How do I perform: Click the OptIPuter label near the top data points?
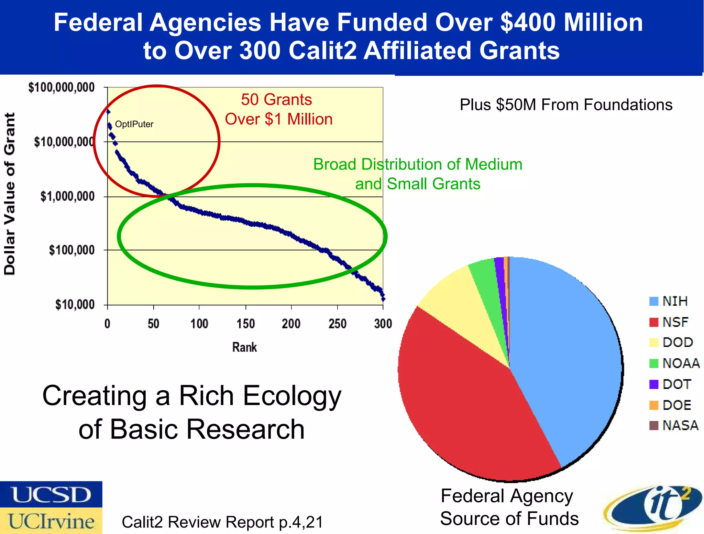pos(134,124)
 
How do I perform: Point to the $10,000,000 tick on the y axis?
pos(64,142)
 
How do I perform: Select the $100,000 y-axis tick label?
pos(71,250)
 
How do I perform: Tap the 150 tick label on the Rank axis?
pos(245,324)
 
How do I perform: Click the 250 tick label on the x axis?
pos(337,324)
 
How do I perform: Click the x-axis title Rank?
pos(244,347)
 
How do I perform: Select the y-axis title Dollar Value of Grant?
pos(10,194)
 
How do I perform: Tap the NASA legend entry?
pos(674,425)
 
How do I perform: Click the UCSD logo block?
pos(51,494)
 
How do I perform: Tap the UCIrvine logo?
pos(51,521)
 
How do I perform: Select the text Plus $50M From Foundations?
pos(566,105)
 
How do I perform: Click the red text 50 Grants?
pos(276,100)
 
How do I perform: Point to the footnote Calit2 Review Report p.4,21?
pos(222,522)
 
